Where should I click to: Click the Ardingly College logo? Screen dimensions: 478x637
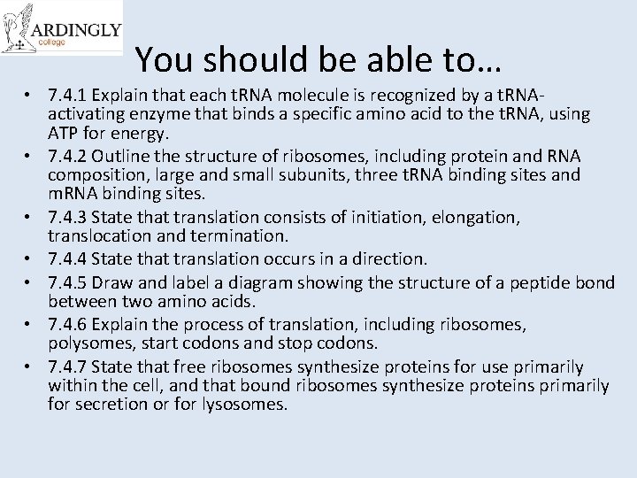coord(62,28)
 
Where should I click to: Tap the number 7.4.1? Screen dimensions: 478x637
coord(67,96)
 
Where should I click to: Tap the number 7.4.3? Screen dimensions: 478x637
coord(67,218)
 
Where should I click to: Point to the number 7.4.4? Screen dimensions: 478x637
coord(67,259)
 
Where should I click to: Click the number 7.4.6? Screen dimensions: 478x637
coord(67,325)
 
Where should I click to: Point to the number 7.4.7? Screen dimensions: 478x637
coord(67,366)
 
